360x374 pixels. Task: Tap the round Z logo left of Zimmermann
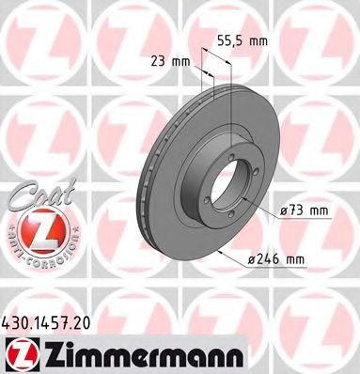click(19, 353)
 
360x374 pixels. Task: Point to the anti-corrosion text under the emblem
click(35, 257)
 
